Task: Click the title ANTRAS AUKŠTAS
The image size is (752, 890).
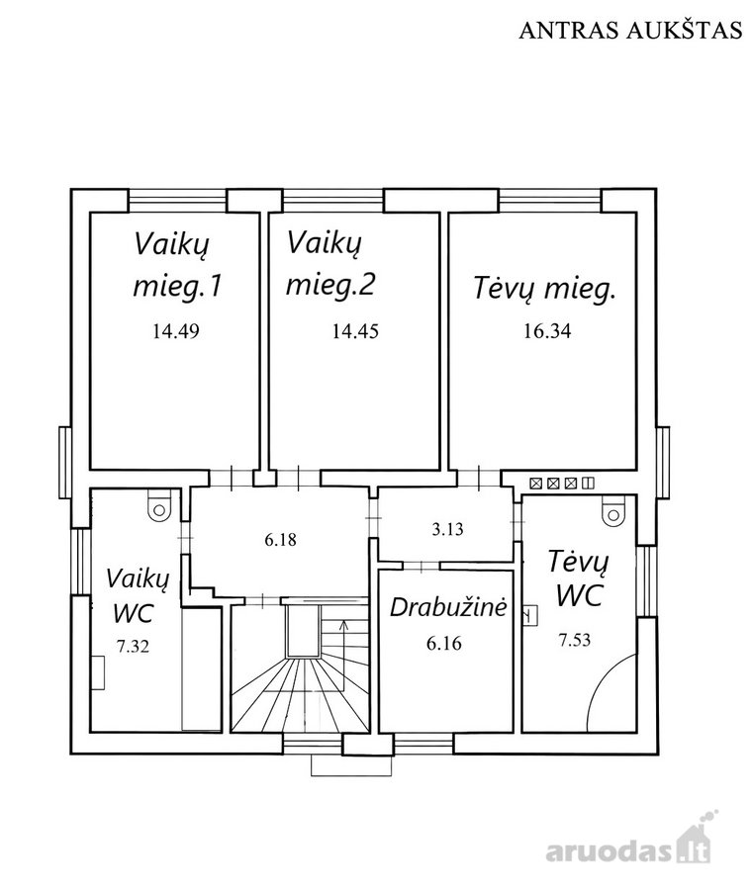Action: [x=630, y=30]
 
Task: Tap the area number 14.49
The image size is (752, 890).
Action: [x=175, y=331]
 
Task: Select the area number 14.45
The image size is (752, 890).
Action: [x=355, y=331]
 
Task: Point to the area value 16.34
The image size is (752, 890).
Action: [x=547, y=331]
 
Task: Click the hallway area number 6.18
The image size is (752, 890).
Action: [x=280, y=539]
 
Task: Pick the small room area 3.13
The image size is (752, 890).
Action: [x=447, y=529]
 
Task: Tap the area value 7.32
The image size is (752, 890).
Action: [x=133, y=646]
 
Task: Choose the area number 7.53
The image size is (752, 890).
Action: [x=574, y=640]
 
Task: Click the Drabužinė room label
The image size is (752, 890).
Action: [x=447, y=607]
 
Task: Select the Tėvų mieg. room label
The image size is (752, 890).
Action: [x=544, y=289]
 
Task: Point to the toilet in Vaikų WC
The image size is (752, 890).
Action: [x=158, y=505]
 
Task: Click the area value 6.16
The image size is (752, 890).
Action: [x=443, y=644]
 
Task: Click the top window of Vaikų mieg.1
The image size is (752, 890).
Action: [x=178, y=201]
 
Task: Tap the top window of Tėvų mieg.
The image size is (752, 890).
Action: [x=550, y=201]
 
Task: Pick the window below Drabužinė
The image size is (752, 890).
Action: [x=423, y=744]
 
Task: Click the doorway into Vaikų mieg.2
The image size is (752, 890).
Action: [x=298, y=478]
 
